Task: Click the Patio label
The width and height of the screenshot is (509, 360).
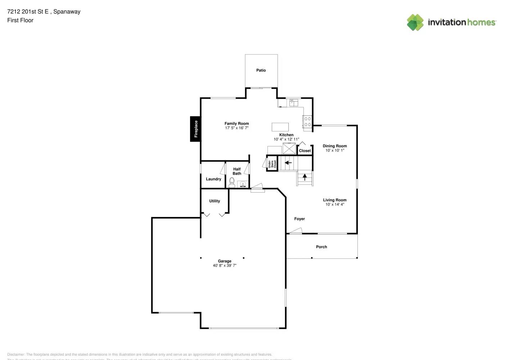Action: click(x=261, y=71)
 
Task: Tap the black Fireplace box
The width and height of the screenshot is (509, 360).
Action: click(x=195, y=129)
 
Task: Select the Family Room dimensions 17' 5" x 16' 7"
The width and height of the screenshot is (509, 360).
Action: click(x=237, y=128)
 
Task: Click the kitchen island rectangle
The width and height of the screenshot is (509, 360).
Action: click(x=280, y=127)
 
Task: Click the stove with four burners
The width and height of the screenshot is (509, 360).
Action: click(x=307, y=122)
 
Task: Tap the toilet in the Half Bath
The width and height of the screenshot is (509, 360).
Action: click(x=232, y=182)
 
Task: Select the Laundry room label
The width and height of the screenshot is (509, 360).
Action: click(x=213, y=179)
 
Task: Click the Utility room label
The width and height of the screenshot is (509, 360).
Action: click(x=215, y=201)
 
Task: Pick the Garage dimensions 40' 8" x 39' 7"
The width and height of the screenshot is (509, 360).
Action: click(x=225, y=266)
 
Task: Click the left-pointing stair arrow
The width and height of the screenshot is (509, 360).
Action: click(x=288, y=163)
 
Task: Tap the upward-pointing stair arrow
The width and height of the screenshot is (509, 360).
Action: click(x=305, y=177)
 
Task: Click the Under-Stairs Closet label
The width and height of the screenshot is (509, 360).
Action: click(x=272, y=164)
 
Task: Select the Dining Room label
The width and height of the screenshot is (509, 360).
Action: click(x=335, y=146)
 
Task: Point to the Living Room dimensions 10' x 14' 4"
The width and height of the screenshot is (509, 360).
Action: click(x=335, y=204)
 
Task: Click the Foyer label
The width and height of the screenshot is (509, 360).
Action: click(x=299, y=219)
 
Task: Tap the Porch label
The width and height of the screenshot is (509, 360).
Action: click(x=321, y=247)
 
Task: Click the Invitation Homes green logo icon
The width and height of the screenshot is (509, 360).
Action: click(x=415, y=22)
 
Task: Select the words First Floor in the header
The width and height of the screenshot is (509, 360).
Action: click(x=20, y=21)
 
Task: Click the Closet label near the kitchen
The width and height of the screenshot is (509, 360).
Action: click(x=305, y=151)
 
